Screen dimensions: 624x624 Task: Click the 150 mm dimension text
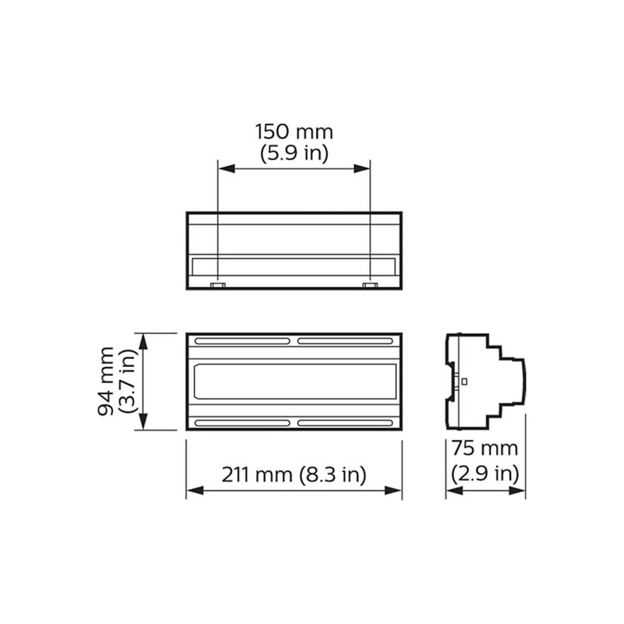(294, 132)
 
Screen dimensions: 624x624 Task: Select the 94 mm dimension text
(106, 381)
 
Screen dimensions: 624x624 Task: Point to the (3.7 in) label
(128, 381)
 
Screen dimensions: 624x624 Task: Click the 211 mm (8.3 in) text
(294, 475)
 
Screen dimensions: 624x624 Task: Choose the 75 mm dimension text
(485, 448)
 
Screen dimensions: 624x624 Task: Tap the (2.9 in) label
(485, 474)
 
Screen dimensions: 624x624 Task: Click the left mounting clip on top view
(218, 285)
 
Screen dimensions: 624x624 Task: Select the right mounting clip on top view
(370, 285)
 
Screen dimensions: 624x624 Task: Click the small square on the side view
(465, 381)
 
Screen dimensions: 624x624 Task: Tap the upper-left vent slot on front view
(242, 341)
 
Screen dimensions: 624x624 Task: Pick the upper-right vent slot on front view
(346, 341)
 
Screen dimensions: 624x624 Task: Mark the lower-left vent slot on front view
(242, 423)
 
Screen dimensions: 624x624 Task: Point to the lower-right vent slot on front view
(346, 423)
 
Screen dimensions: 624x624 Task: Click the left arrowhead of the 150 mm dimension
(226, 169)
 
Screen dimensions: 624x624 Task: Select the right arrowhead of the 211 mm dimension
(393, 491)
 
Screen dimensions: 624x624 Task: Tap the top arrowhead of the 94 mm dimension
(143, 341)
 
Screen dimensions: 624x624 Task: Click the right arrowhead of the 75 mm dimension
(517, 491)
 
